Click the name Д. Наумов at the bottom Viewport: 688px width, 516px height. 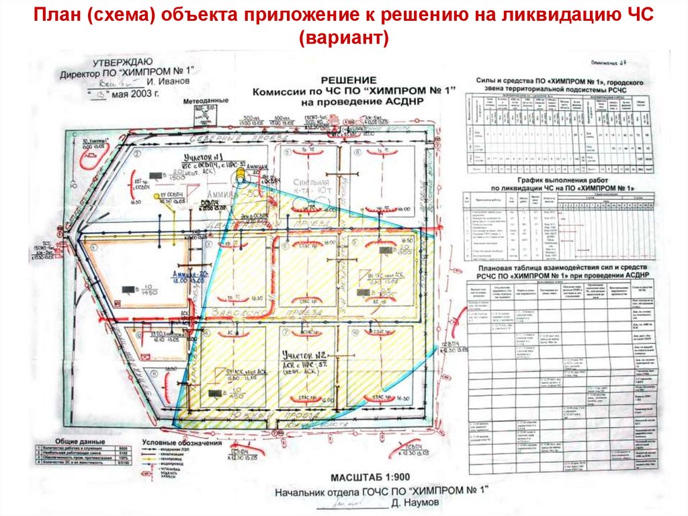click(x=421, y=503)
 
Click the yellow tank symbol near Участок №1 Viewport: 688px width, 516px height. click(x=239, y=176)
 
